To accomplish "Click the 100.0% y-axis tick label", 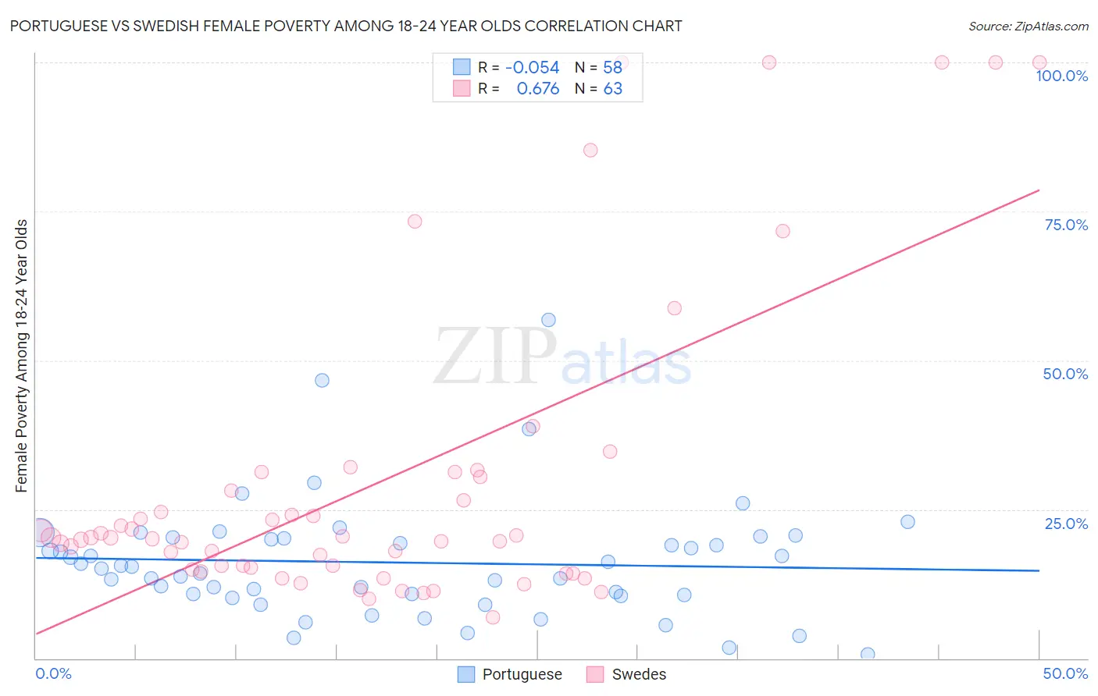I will click(1061, 76).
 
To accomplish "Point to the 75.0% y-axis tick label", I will click(1066, 225).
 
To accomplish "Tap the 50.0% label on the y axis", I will click(1065, 374).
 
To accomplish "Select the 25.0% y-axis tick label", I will click(1066, 524).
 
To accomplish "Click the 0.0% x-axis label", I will click(53, 673).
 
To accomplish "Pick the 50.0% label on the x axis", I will click(1065, 673).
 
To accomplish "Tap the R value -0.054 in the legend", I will click(533, 68).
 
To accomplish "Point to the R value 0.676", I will click(538, 89).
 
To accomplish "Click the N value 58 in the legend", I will click(613, 68).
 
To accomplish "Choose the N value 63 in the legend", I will click(613, 89).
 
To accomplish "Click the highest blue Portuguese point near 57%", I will click(548, 320).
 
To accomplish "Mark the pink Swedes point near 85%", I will click(590, 150).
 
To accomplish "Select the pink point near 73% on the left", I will click(415, 222).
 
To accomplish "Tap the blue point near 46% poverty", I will click(322, 381).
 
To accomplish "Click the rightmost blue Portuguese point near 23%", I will click(907, 522).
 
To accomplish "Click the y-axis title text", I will click(22, 356).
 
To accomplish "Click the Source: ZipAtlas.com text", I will click(1028, 27).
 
